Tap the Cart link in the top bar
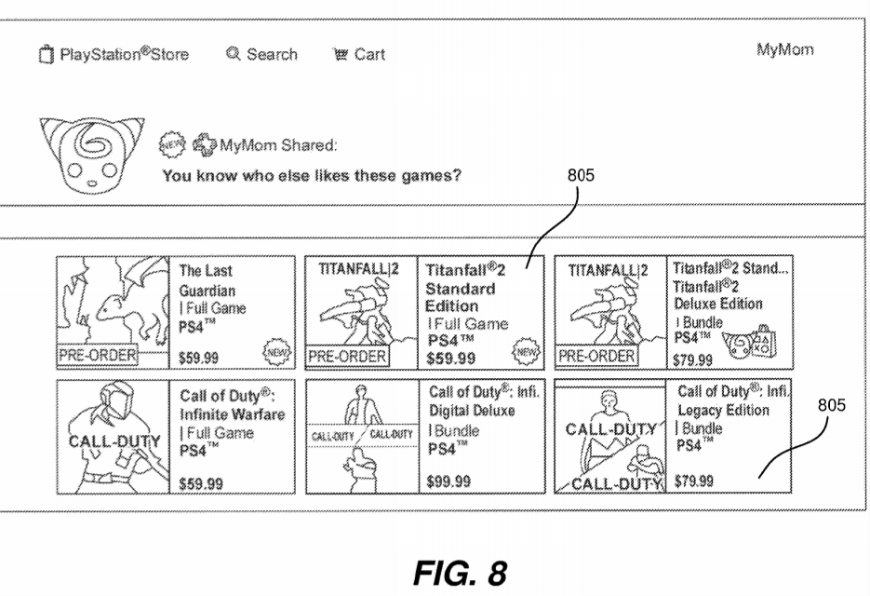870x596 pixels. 359,55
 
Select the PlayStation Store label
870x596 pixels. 115,55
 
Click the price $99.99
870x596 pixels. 450,481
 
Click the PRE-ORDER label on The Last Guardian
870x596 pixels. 98,355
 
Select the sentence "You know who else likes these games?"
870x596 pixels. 311,174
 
